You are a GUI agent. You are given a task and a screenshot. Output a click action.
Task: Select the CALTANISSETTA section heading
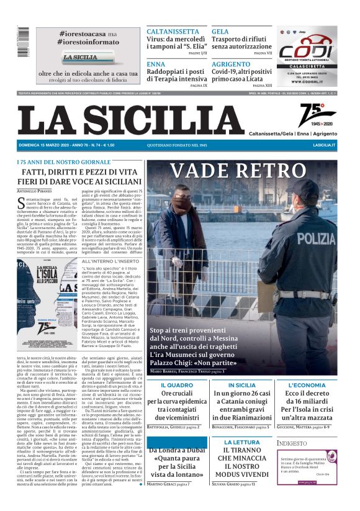173,31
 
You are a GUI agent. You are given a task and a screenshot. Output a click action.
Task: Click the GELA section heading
220,31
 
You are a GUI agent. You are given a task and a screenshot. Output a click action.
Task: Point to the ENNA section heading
156,64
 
